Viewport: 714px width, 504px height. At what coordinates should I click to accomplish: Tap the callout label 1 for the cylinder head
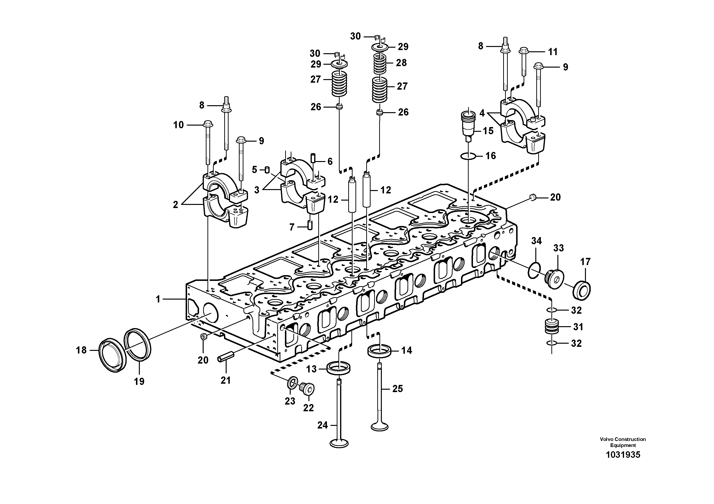click(x=158, y=299)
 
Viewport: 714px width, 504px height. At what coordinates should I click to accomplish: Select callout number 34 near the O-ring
click(x=536, y=241)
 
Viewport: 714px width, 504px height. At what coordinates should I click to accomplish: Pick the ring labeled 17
click(x=582, y=290)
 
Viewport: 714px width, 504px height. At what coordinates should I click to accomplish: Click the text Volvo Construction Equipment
click(x=623, y=442)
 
